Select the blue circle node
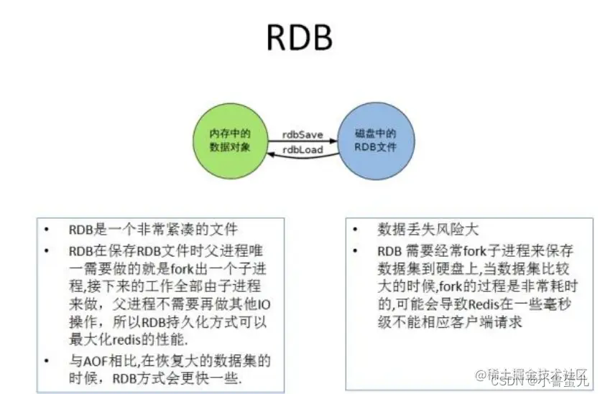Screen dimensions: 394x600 click(376, 140)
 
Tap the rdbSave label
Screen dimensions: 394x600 click(303, 135)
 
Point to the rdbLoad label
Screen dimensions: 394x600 click(303, 149)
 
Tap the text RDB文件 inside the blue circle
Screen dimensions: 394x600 click(376, 147)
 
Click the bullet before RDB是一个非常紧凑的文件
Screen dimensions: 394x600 click(47, 230)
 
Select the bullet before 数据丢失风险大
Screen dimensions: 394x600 click(356, 230)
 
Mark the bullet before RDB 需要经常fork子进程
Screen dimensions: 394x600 click(356, 252)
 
